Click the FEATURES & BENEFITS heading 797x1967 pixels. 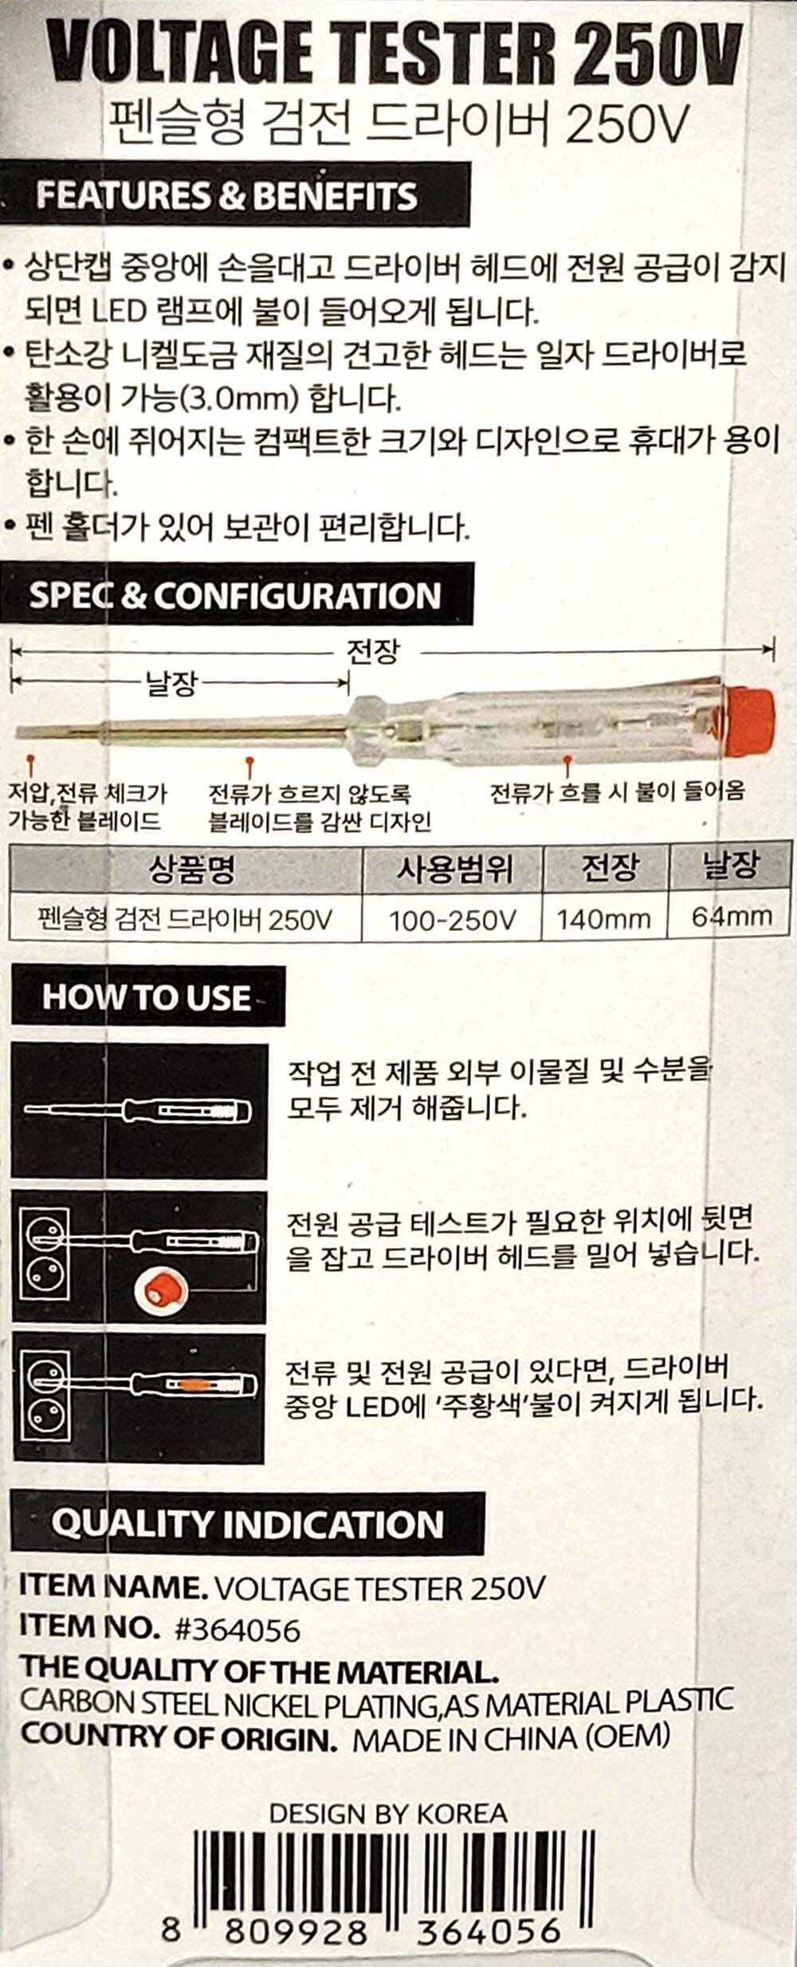tap(226, 196)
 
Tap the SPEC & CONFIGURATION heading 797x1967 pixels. tap(234, 595)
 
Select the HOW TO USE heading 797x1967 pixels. tap(147, 997)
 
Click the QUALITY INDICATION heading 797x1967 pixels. tap(247, 1524)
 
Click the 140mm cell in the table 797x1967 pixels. tap(603, 919)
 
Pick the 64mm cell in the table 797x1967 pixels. tap(731, 917)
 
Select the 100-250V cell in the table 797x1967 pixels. tap(452, 921)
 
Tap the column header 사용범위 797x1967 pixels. tap(454, 869)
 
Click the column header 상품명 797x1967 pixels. tap(191, 869)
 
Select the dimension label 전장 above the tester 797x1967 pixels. tap(372, 652)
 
